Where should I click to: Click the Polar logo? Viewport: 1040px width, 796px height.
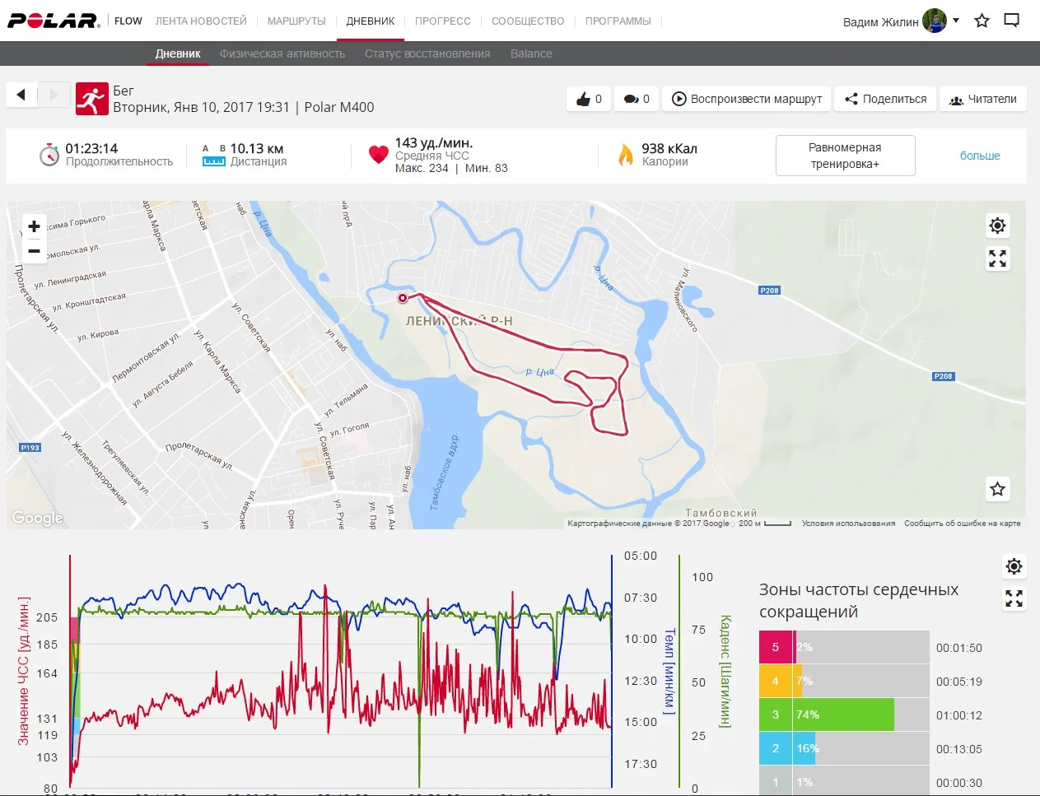point(54,21)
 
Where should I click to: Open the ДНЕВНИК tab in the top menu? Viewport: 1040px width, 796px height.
point(371,21)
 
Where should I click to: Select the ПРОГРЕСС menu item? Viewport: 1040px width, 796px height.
point(443,21)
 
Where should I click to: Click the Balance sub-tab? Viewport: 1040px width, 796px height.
point(531,54)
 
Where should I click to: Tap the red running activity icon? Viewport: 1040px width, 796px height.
point(91,99)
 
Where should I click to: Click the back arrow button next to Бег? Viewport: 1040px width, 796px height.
point(21,95)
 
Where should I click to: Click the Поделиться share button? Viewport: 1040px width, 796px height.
point(886,99)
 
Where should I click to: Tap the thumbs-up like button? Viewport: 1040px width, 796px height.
point(589,99)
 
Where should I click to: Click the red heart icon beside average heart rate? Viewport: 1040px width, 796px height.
point(378,155)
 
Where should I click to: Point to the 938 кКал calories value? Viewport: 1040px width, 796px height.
point(669,149)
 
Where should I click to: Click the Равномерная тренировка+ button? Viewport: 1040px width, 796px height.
point(845,156)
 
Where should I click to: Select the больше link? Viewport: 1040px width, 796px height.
point(980,156)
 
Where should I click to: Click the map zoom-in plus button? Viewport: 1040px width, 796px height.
point(34,226)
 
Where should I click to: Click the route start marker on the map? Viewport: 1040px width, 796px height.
point(403,298)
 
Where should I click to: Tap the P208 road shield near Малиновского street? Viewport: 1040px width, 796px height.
point(769,291)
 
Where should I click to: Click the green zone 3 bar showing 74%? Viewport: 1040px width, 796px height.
point(844,715)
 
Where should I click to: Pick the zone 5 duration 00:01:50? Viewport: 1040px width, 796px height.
point(958,648)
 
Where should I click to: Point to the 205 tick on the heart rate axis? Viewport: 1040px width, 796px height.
point(47,617)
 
